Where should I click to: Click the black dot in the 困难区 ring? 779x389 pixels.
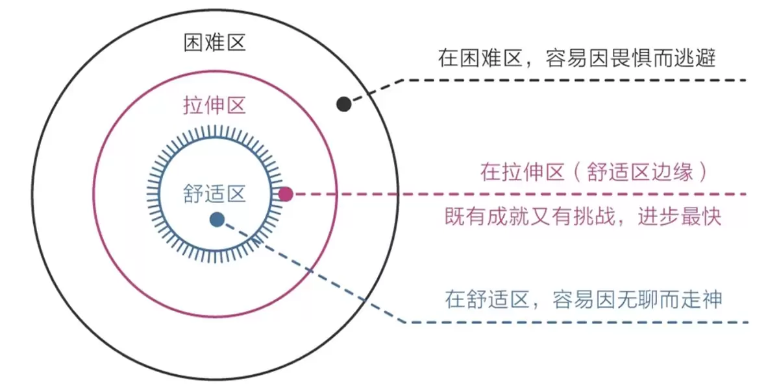pos(343,104)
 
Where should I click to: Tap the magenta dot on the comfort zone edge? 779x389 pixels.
pos(286,194)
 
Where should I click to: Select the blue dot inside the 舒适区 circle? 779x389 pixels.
pos(217,220)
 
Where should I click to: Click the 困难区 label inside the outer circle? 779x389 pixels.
pos(215,43)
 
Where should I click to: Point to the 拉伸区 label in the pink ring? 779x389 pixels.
pos(215,105)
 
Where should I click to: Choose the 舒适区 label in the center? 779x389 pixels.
pos(215,193)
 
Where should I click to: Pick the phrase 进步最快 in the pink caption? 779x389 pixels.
pos(680,217)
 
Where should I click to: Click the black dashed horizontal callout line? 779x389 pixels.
pos(575,80)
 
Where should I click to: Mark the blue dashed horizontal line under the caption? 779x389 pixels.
pos(576,322)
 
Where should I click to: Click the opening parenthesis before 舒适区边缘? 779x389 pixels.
pos(577,172)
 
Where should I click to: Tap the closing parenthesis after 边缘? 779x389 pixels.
pos(704,172)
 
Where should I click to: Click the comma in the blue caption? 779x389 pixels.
pos(535,305)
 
